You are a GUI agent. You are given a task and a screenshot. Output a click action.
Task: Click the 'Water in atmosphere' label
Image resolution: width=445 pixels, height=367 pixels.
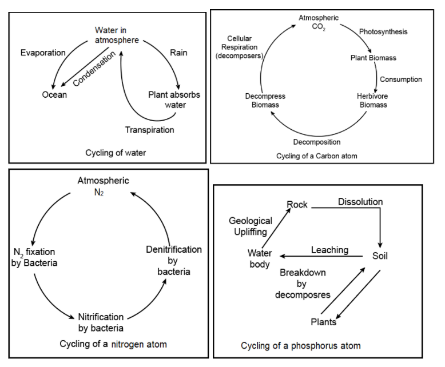point(117,35)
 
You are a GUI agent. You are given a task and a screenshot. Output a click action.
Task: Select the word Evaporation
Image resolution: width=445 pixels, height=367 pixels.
point(43,53)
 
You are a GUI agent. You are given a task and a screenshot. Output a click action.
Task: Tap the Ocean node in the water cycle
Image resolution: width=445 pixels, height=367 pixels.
point(54,94)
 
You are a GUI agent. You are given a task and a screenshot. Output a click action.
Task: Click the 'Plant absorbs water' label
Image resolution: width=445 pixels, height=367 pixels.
point(174,99)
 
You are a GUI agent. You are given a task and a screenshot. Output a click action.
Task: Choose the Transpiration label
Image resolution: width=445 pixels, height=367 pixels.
point(150,130)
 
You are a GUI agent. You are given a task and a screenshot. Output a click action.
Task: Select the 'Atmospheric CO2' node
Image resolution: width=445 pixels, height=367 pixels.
point(319,23)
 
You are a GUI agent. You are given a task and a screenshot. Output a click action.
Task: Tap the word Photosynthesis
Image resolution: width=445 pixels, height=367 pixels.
point(383,32)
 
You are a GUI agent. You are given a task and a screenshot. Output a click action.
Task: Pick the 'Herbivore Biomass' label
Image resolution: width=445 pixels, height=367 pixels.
point(372,100)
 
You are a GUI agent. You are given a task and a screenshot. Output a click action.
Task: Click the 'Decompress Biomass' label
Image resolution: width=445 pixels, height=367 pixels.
point(265,101)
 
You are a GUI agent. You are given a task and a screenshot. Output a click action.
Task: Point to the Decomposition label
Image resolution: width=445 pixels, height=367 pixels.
point(317,142)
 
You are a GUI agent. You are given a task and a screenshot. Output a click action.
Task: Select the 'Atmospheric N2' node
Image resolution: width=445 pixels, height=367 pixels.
point(104,186)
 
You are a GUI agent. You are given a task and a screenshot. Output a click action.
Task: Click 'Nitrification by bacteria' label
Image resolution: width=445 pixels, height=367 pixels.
point(101,322)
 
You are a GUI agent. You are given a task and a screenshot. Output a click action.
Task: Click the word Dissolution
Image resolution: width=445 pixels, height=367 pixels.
point(360,202)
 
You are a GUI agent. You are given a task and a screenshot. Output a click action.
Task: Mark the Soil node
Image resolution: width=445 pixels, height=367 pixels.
point(380,256)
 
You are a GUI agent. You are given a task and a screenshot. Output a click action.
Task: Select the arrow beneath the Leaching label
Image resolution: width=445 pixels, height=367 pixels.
point(321,257)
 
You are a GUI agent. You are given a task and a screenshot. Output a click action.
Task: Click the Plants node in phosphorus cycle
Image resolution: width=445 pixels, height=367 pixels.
point(323,322)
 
